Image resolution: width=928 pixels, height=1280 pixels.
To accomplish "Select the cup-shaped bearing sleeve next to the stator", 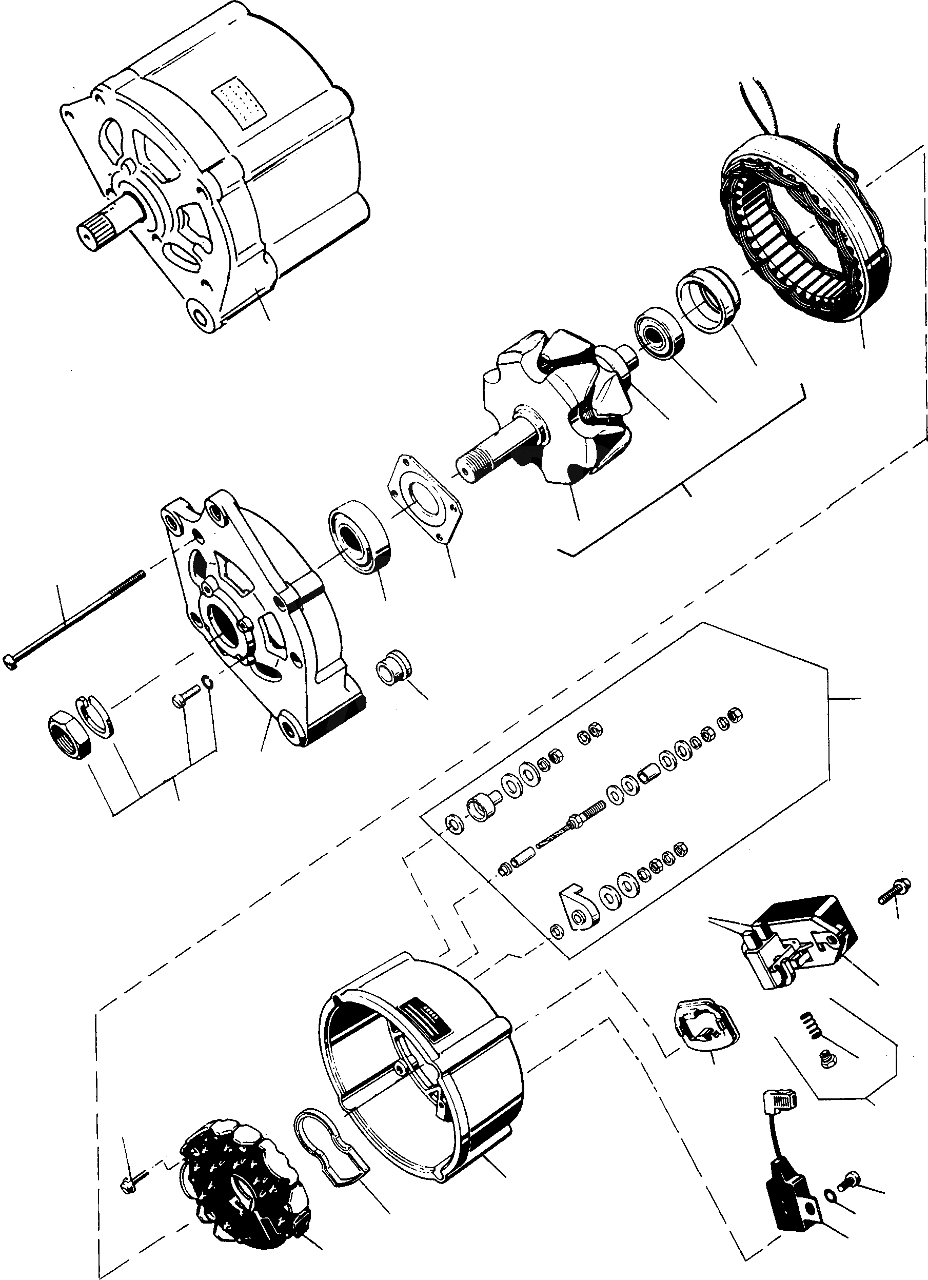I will point(708,300).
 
